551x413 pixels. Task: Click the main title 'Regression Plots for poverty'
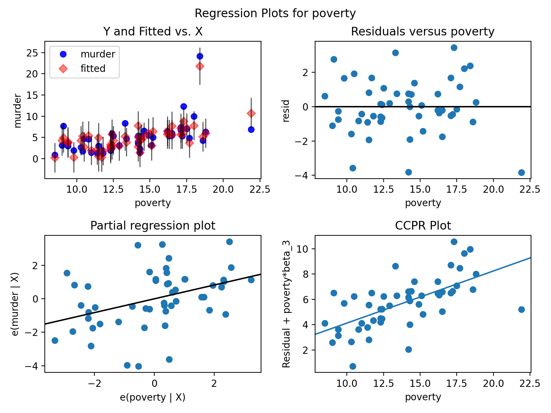pos(275,13)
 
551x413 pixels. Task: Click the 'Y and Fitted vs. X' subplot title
pos(153,32)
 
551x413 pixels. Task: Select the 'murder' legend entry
pos(98,54)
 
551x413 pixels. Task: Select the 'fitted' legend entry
pos(93,68)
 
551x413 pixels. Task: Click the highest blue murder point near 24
pos(200,56)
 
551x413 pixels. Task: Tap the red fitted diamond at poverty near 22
pos(251,113)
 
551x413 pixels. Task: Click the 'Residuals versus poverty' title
pos(423,32)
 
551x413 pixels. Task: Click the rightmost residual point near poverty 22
pos(521,172)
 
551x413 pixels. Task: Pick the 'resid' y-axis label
pos(286,111)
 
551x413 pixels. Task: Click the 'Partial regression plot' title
pos(153,226)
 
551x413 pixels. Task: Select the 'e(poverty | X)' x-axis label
pos(153,397)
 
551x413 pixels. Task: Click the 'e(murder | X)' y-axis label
pos(15,304)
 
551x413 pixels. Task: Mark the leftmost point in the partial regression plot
pos(55,340)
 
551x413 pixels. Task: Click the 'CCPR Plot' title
pos(423,226)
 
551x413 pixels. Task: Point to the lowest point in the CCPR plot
pos(353,366)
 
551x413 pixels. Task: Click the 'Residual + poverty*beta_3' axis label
pos(286,304)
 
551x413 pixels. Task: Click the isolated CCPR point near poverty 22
pos(521,309)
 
